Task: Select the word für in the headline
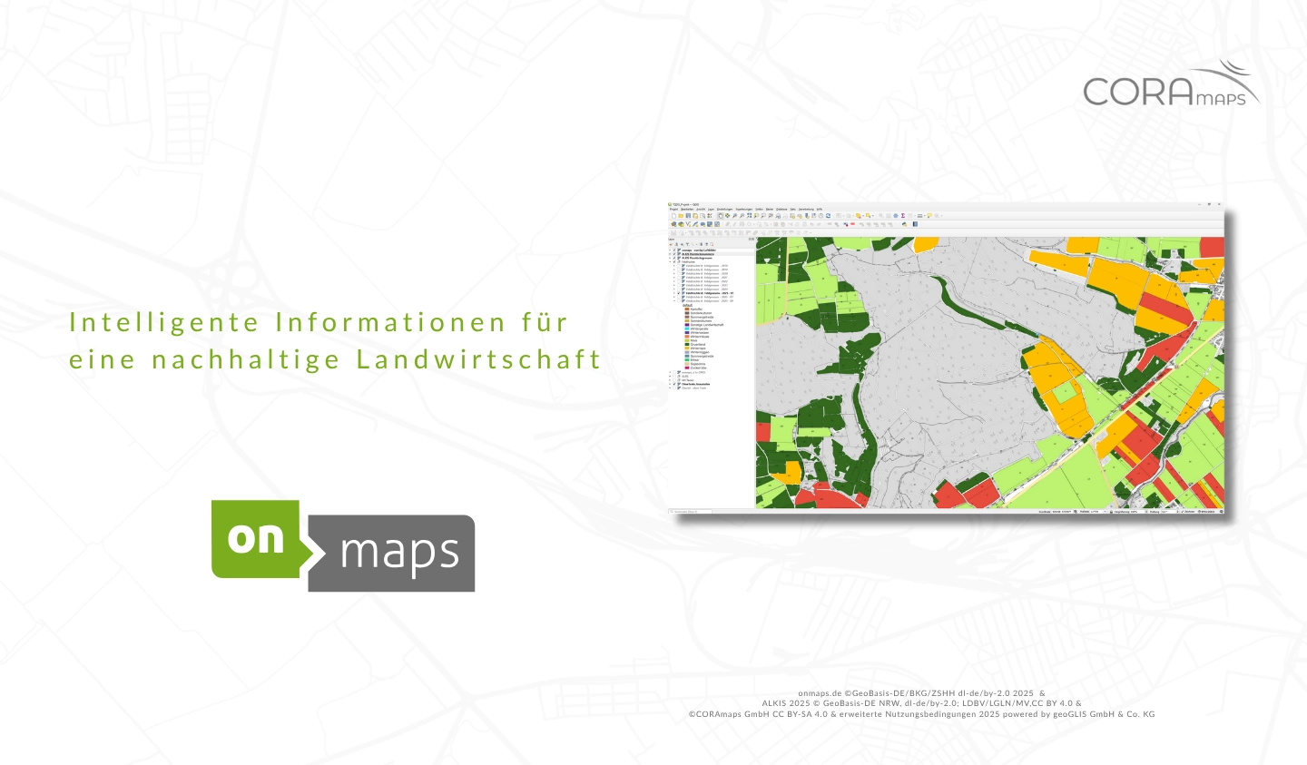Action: click(x=545, y=323)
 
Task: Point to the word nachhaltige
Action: click(x=246, y=359)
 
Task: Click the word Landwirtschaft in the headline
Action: click(x=479, y=359)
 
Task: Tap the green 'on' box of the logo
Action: click(x=256, y=538)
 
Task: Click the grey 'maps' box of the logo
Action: click(x=399, y=554)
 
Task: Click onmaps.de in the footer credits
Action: click(x=820, y=692)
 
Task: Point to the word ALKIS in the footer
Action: click(x=774, y=703)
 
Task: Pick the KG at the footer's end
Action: click(x=1147, y=714)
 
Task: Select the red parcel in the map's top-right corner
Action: click(x=1213, y=247)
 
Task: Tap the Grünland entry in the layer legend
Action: click(x=697, y=345)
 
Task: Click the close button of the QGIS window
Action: click(x=1219, y=204)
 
